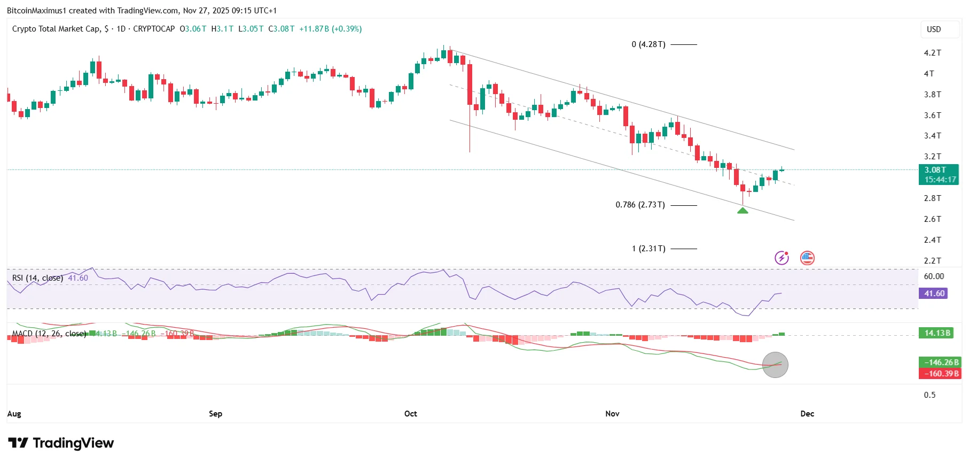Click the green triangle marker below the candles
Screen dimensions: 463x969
point(743,211)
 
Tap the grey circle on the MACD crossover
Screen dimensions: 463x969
point(775,365)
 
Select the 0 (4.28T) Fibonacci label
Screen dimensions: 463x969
point(648,44)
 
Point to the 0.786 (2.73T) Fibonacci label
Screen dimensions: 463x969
point(640,205)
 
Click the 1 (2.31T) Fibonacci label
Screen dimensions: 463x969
point(648,249)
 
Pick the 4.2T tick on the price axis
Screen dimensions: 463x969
point(932,53)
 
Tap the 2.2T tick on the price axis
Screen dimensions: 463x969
point(932,261)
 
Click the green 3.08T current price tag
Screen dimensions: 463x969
point(939,175)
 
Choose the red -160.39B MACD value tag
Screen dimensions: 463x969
point(940,374)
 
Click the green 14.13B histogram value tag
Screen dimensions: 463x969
point(937,333)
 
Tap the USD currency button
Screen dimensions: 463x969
point(934,29)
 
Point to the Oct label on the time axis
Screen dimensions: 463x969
point(411,414)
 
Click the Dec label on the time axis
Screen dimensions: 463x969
point(807,414)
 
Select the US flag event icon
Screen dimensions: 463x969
point(807,258)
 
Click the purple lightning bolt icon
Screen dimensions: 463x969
point(782,258)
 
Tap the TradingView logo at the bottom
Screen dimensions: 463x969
point(61,443)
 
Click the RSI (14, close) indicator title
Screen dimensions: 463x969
point(37,278)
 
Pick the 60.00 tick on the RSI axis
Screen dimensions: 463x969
point(934,276)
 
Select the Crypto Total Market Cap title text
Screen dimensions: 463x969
point(56,29)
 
